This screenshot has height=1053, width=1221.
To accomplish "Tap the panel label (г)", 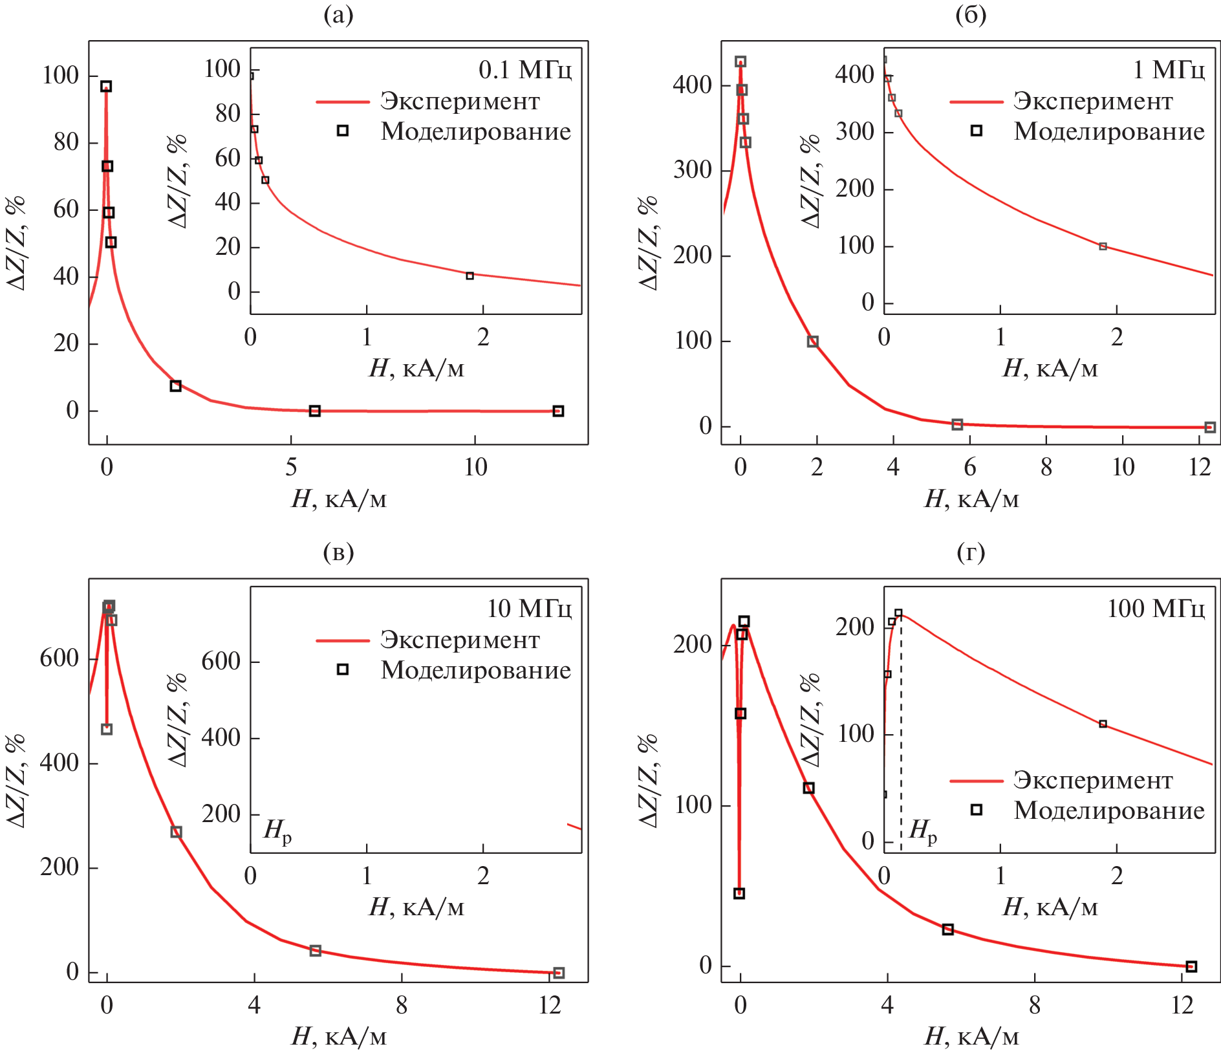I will [x=970, y=552].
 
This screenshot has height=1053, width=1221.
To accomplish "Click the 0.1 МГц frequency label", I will [x=524, y=70].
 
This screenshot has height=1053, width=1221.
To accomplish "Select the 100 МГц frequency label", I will [x=1156, y=609].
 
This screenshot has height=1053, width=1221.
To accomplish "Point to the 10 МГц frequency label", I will [x=529, y=609].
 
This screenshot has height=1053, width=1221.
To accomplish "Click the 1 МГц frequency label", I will [x=1169, y=70].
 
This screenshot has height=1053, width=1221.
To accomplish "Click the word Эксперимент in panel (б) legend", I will [x=1092, y=101].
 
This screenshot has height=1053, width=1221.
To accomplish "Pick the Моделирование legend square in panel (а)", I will [x=343, y=131].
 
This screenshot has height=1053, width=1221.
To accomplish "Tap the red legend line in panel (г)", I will [x=976, y=781].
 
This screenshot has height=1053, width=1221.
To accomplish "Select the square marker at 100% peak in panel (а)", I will [x=106, y=87].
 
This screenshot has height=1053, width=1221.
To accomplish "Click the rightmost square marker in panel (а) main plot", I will [x=558, y=411].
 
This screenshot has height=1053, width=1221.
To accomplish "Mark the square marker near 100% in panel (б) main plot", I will [x=813, y=342].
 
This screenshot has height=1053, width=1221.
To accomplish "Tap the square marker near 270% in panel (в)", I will [x=176, y=832].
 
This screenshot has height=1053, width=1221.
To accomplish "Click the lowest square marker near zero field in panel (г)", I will [x=739, y=893].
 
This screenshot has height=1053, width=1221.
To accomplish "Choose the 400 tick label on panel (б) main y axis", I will [x=692, y=85].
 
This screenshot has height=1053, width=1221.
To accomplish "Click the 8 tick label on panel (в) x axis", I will [x=402, y=1005].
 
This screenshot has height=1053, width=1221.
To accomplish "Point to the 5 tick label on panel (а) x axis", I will [x=291, y=467].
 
